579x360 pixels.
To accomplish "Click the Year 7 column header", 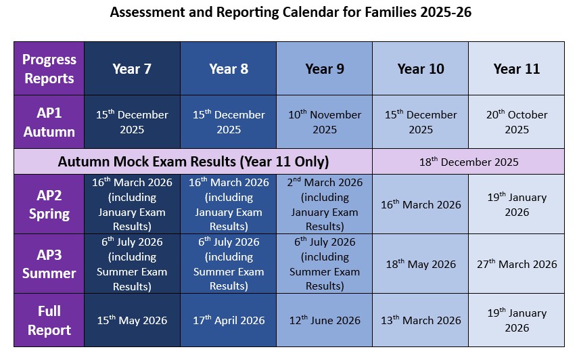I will (132, 68).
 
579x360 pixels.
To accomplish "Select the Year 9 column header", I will (324, 68).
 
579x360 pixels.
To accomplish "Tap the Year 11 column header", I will (516, 68).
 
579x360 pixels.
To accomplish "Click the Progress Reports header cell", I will (49, 68).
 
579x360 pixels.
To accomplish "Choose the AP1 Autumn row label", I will (49, 122).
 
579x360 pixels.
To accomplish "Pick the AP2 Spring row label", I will (49, 204).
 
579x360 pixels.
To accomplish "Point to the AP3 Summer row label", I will (49, 264).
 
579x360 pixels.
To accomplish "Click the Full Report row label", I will (49, 320).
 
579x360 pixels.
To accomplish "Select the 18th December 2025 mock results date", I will (468, 162).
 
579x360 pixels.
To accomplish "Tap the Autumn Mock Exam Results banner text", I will (193, 162).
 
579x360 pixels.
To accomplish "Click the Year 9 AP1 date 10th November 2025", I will (324, 122).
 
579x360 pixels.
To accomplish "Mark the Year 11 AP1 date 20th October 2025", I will (516, 122).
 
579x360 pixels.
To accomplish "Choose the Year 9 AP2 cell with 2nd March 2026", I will (324, 204).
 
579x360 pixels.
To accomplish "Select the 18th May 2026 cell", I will (420, 264).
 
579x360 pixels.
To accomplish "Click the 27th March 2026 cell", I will (516, 264).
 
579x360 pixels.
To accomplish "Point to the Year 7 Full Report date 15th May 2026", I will (132, 320).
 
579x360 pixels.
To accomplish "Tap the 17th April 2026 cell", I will (228, 320).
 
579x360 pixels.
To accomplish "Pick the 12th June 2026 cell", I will (324, 320).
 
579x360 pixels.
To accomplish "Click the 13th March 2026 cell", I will (420, 320).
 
